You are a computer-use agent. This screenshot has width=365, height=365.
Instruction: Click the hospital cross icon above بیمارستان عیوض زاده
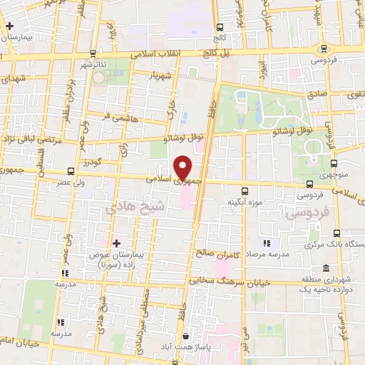pyautogui.click(x=116, y=243)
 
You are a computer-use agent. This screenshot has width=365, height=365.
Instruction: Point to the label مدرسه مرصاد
pyautogui.click(x=267, y=254)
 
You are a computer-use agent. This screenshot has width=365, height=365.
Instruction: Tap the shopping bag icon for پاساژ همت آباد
pyautogui.click(x=185, y=335)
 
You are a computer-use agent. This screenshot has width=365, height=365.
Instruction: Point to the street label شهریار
pyautogui.click(x=161, y=74)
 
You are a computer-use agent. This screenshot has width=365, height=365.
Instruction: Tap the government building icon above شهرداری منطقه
pyautogui.click(x=326, y=268)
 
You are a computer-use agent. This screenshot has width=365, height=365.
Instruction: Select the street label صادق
pyautogui.click(x=316, y=93)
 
